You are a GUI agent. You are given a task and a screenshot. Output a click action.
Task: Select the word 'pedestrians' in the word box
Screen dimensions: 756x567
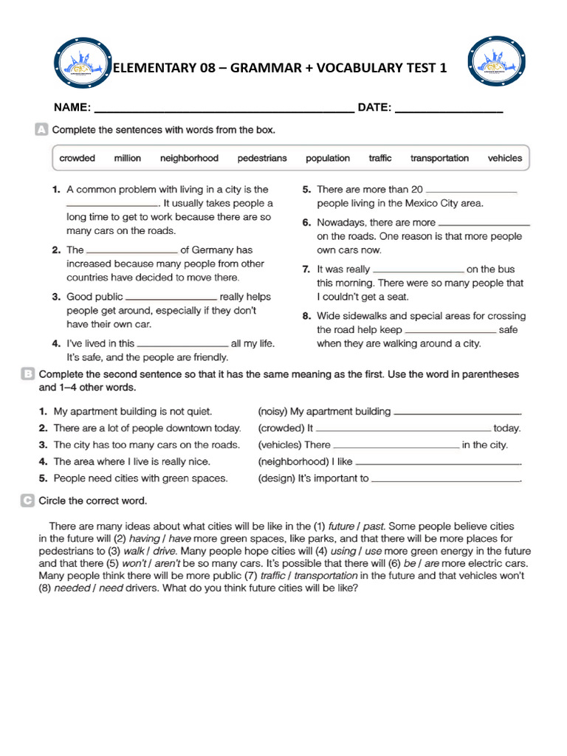tap(262, 158)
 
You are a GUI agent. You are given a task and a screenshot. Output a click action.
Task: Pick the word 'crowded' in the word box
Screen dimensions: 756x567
tap(78, 158)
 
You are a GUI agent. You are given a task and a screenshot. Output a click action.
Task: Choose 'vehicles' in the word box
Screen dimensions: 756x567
tap(504, 158)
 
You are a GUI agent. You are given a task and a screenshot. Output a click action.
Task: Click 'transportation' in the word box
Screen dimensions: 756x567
tap(439, 158)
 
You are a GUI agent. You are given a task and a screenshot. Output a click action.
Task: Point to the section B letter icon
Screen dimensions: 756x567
tap(28, 374)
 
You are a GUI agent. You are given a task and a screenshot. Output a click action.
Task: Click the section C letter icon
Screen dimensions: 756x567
tap(28, 501)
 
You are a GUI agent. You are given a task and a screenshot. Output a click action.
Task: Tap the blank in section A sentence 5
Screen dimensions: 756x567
tap(472, 189)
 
